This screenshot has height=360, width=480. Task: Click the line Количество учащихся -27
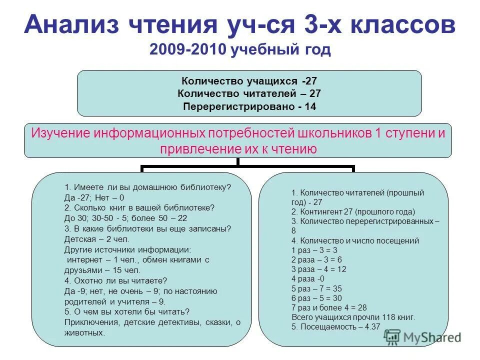pyautogui.click(x=249, y=81)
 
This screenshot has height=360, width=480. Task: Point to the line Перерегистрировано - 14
pyautogui.click(x=249, y=106)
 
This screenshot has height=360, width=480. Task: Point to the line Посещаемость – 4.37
pyautogui.click(x=335, y=326)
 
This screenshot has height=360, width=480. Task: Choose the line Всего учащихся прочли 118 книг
pyautogui.click(x=352, y=317)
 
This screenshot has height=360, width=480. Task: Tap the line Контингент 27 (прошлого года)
pyautogui.click(x=353, y=211)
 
